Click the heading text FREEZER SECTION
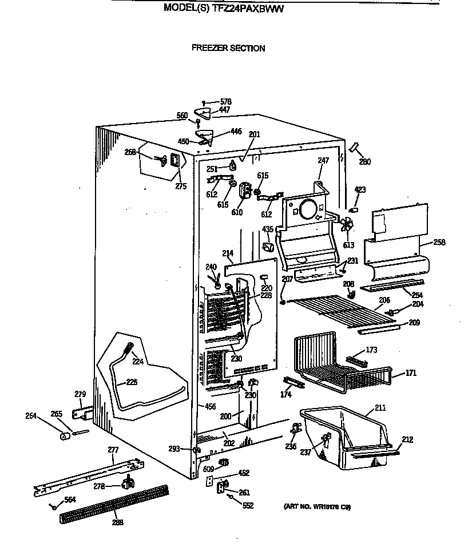(x=228, y=49)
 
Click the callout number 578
(x=225, y=101)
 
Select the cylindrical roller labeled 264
(x=65, y=437)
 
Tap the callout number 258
(x=439, y=242)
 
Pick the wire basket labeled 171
(x=338, y=366)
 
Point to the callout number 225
(x=132, y=382)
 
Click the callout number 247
(x=324, y=161)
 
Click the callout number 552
(x=248, y=506)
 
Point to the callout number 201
(x=254, y=134)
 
